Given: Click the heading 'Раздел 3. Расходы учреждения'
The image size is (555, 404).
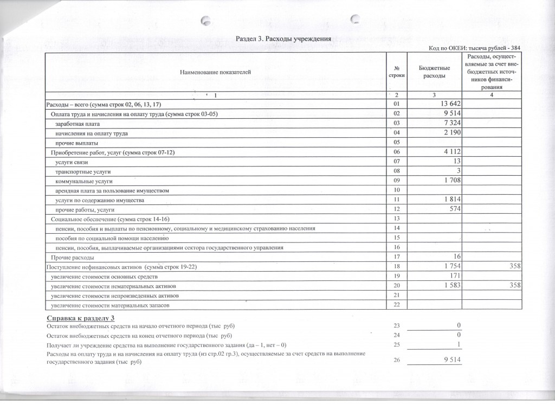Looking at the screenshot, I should click(282, 39).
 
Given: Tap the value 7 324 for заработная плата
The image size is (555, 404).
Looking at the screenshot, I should click(451, 124).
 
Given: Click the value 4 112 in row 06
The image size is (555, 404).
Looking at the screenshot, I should click(451, 152).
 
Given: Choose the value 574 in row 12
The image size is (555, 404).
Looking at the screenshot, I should click(454, 209).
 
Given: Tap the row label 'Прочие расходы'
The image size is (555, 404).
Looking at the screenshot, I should click(73, 257).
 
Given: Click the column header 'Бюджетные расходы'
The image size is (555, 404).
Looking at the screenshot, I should click(434, 72).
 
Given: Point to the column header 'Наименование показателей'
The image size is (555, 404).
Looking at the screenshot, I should click(215, 72).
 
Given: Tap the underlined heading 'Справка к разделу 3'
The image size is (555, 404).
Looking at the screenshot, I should click(80, 317).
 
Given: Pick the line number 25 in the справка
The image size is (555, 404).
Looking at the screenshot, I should click(396, 345).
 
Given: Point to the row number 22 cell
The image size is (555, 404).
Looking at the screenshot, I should click(396, 305).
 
